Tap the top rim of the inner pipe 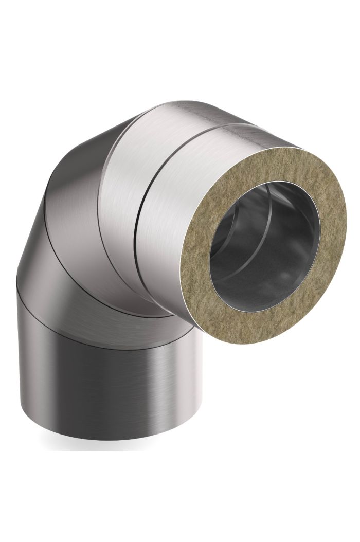click(x=267, y=185)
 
